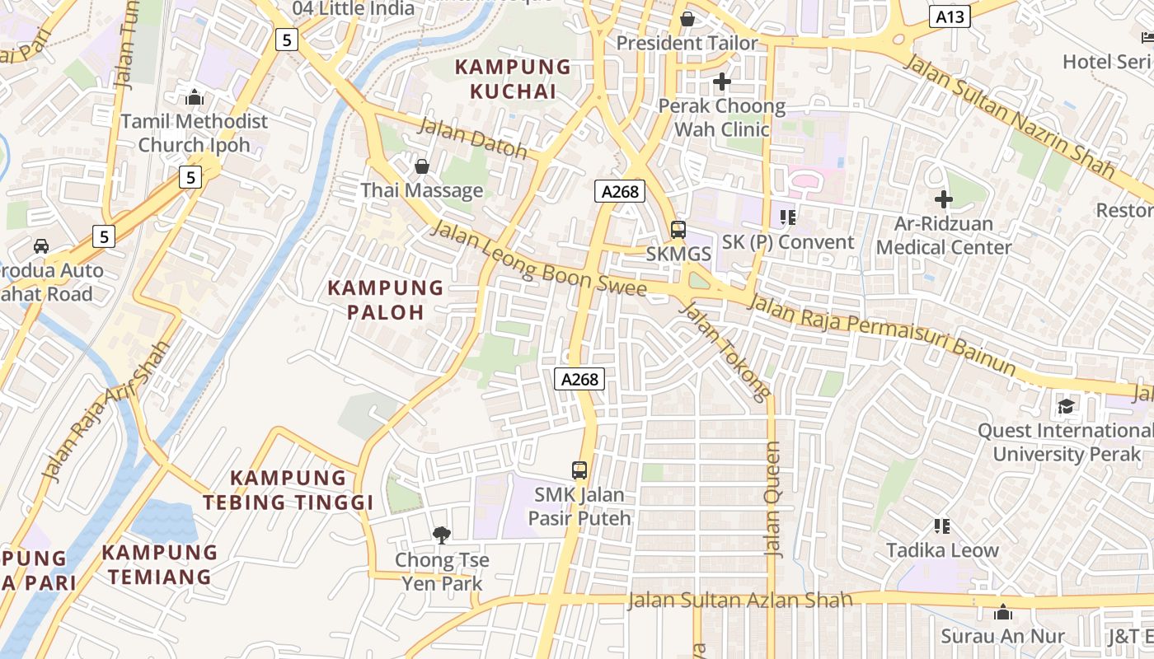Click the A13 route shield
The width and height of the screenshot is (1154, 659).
point(949,16)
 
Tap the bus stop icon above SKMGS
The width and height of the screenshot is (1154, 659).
point(678,230)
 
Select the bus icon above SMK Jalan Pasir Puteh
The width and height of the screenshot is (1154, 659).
point(579,470)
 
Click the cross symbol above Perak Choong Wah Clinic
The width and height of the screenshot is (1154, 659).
point(722,82)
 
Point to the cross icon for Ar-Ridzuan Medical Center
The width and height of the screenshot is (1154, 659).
point(944,199)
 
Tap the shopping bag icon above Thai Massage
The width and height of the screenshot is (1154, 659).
point(422,166)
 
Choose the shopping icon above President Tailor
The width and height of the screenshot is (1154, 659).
point(687,18)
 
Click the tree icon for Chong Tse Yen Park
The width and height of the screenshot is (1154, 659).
point(442,535)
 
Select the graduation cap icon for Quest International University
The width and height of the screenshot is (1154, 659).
point(1066,406)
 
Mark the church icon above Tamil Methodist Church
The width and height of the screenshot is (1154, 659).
point(195,97)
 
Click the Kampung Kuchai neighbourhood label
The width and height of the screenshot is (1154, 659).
point(513,79)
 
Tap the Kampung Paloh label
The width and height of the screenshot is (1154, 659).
point(386,300)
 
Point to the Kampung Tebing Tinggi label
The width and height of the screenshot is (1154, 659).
point(288,490)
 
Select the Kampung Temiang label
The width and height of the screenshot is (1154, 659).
point(161,564)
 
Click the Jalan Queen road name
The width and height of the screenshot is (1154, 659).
point(772,499)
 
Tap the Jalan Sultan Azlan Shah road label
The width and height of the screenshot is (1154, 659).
point(739,600)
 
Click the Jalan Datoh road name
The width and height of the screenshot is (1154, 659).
point(473,138)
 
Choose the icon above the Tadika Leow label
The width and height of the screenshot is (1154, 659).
point(942,526)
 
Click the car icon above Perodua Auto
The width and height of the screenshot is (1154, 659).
point(40,245)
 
